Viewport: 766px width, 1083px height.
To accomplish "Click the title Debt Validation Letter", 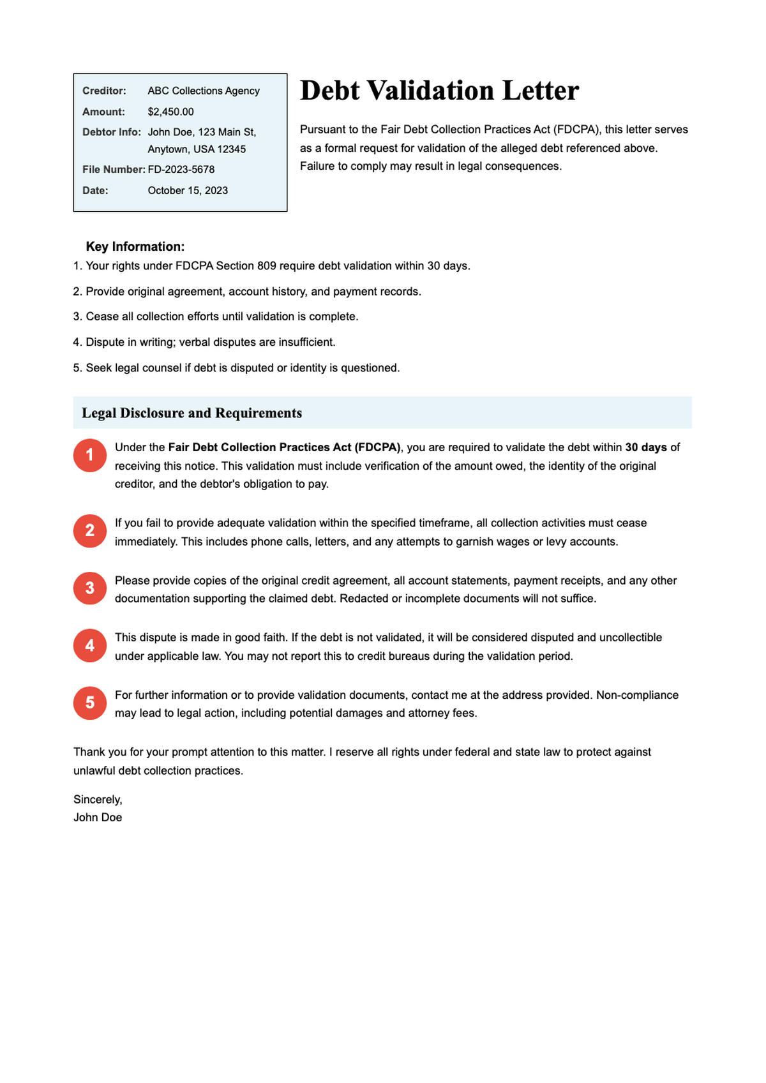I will pos(439,91).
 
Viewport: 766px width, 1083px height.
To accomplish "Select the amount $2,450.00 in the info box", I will pos(170,112).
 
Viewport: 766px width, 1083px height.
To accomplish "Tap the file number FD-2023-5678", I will pos(181,169).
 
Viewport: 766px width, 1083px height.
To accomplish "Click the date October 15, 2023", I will pos(188,190).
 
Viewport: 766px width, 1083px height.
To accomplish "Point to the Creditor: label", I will pos(104,91).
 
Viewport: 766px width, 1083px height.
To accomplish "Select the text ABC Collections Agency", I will pos(204,91).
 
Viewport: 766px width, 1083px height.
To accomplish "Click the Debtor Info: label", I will pos(112,132).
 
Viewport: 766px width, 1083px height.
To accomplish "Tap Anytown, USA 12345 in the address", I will pos(197,149).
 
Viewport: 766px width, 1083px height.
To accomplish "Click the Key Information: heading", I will pos(135,246).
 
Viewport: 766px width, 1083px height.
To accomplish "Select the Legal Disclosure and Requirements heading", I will pos(191,413).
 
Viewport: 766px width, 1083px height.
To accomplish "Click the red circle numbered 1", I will pos(90,455).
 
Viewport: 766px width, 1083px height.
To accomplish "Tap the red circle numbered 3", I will pos(90,588).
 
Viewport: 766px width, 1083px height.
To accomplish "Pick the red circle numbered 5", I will pos(90,703).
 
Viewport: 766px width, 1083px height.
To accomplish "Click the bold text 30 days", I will pos(646,447).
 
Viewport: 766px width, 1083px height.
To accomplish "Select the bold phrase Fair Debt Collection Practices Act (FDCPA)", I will pos(284,447).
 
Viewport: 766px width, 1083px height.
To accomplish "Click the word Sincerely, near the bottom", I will pos(98,799).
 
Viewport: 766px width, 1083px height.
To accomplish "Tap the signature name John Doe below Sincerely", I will pos(98,817).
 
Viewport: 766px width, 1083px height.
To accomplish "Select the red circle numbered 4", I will pos(90,645).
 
